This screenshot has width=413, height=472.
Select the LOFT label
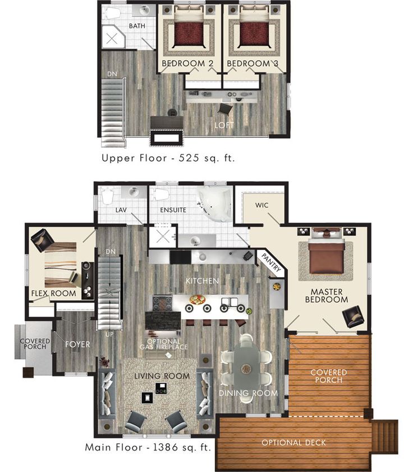pos(224,125)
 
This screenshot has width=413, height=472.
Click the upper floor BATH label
pos(137,26)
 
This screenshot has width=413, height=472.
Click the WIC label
pos(261,205)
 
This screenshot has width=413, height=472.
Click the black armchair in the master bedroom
pos(354,316)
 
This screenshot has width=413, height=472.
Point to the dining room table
pos(246,368)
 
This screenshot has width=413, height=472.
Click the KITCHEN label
pos(203,280)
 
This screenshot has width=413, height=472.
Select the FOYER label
pos(77,344)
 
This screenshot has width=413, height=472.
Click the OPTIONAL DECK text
pos(293,443)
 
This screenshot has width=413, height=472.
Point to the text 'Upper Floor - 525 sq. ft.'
pos(168,158)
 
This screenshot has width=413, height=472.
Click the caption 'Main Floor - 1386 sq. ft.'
pos(148,448)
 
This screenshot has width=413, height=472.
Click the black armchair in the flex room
pos(42,240)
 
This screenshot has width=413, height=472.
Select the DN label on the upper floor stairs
pos(112,74)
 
